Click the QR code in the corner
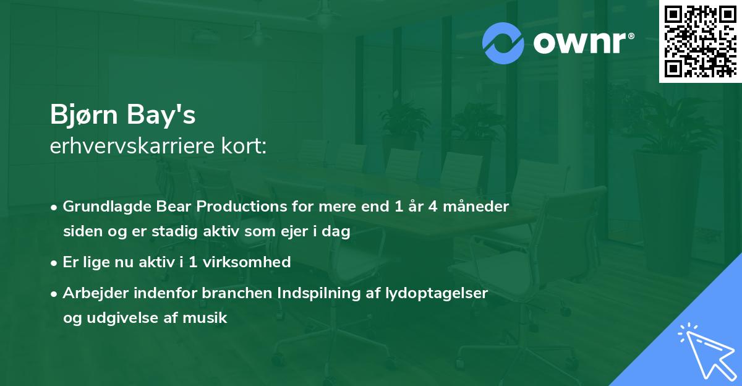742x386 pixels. click(700, 41)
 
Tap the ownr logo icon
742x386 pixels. click(503, 43)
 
